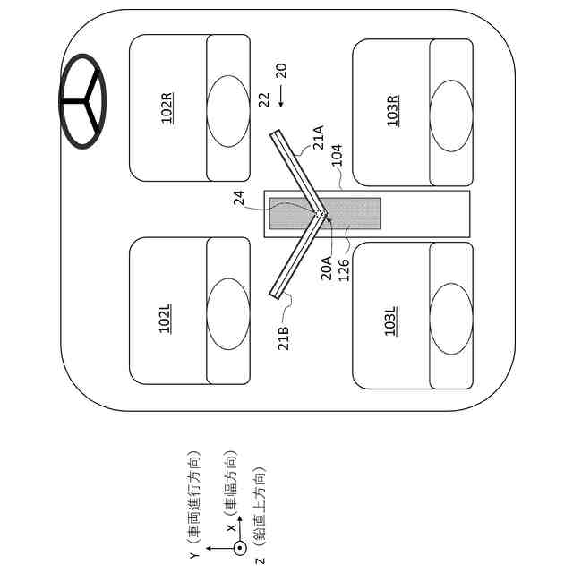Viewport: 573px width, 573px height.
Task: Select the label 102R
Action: point(167,107)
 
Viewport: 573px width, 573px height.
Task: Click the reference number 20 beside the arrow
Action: point(281,71)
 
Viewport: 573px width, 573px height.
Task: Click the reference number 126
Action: point(344,269)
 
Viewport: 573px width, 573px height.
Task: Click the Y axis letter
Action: point(193,556)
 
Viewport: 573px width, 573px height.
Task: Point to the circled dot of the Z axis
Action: point(240,549)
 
